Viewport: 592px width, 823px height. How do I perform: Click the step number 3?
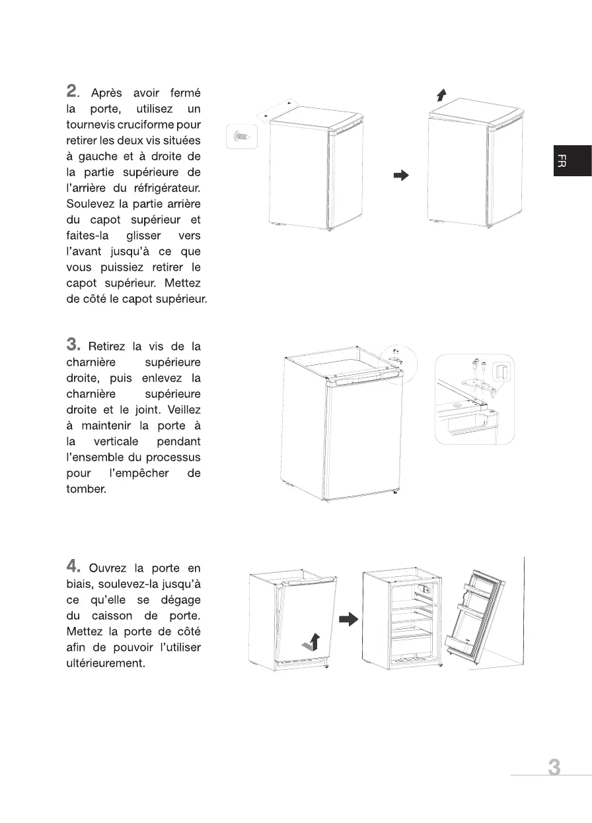click(73, 344)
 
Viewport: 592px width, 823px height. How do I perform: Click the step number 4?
click(73, 566)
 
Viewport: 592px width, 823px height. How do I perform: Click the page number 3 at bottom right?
click(554, 768)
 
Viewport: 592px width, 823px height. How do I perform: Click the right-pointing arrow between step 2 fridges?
click(401, 176)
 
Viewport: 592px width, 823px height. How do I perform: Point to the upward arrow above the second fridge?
click(441, 96)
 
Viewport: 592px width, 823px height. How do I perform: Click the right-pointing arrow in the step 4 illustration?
click(348, 619)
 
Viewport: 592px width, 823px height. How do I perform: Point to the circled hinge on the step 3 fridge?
click(398, 360)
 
